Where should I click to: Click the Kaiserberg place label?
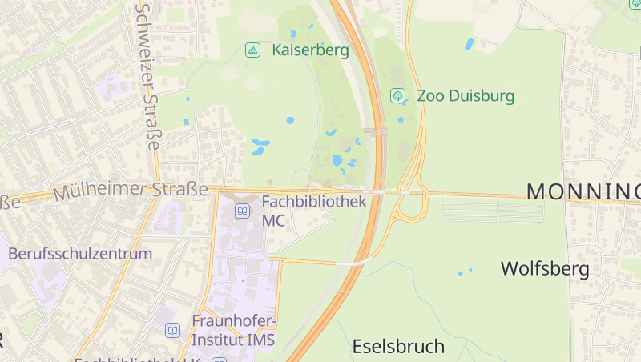tap(310, 50)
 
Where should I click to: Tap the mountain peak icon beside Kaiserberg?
tap(253, 50)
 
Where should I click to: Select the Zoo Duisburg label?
tap(466, 96)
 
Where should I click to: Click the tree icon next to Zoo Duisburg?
tap(397, 96)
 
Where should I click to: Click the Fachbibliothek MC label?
tap(314, 210)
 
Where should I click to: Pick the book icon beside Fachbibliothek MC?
tap(242, 211)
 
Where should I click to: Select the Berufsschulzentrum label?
tap(80, 254)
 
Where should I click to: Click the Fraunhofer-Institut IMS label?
tap(233, 330)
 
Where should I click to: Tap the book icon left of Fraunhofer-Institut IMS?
tap(173, 330)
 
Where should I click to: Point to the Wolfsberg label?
tap(545, 268)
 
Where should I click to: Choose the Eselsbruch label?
tap(398, 347)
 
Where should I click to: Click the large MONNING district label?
tap(583, 191)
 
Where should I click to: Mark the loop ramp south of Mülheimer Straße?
tap(410, 209)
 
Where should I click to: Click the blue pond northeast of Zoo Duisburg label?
tap(470, 44)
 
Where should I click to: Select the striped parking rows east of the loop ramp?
tap(492, 210)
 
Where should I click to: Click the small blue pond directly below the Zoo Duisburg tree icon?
tap(401, 120)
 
